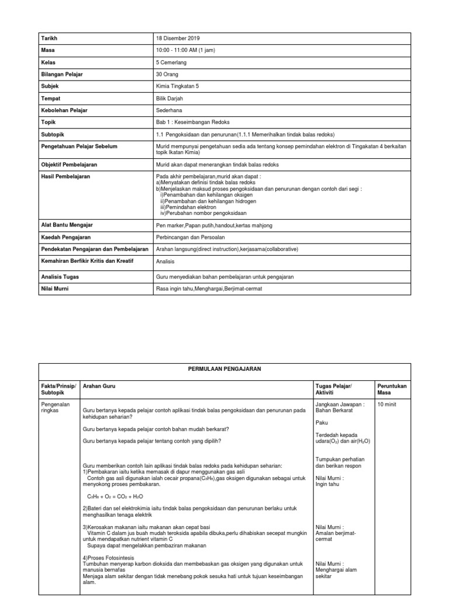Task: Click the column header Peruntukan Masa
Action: pyautogui.click(x=392, y=390)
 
